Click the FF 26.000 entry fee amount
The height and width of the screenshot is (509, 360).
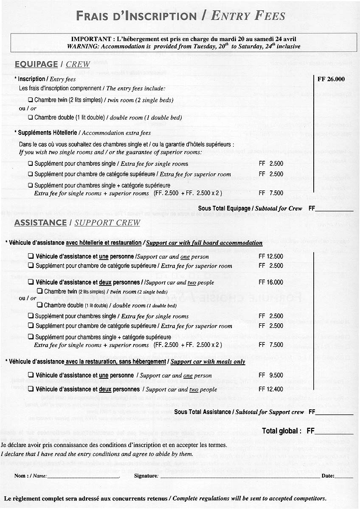pyautogui.click(x=331, y=79)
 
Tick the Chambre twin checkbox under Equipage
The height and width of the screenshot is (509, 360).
pyautogui.click(x=31, y=101)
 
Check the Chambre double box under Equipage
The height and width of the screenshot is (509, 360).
pyautogui.click(x=31, y=117)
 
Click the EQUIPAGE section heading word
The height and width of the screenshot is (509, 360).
pyautogui.click(x=36, y=64)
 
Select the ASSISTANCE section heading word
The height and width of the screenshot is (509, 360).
pyautogui.click(x=40, y=223)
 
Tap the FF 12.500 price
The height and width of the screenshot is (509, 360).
pyautogui.click(x=271, y=257)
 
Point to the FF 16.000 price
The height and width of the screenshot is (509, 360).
pyautogui.click(x=271, y=282)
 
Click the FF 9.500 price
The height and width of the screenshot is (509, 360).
pyautogui.click(x=271, y=375)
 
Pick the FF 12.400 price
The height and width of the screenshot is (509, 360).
pyautogui.click(x=271, y=389)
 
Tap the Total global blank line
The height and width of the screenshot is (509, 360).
pyautogui.click(x=334, y=433)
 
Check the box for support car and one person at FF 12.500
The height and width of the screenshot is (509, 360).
pyautogui.click(x=31, y=257)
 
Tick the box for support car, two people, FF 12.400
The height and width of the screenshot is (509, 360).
pyautogui.click(x=31, y=389)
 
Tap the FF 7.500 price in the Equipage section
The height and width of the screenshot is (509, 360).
pyautogui.click(x=271, y=193)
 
